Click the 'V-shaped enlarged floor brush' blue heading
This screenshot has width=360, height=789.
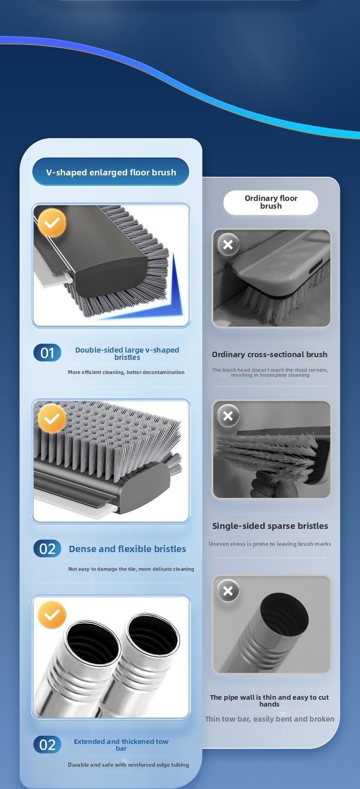point(111,172)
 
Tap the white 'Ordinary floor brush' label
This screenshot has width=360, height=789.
point(271,202)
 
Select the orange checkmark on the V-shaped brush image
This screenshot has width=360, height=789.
point(52,223)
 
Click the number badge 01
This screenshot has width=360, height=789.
point(47,353)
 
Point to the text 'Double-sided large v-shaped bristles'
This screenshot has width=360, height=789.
point(127,354)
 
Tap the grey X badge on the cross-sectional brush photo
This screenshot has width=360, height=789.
point(228,245)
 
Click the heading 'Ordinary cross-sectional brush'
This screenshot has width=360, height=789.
point(269,354)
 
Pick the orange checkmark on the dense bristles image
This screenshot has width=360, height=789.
point(52,418)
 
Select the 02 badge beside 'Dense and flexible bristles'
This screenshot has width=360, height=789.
point(47,549)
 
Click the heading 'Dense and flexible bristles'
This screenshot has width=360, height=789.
point(127,549)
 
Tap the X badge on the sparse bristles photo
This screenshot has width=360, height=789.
point(228,416)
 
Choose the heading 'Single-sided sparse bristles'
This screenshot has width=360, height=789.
point(270,526)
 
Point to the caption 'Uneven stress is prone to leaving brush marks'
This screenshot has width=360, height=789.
point(270,544)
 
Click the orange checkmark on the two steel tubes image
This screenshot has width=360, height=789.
point(52,615)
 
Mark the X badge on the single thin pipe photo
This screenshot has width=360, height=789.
point(228,591)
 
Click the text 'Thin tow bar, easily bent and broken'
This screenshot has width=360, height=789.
point(269,719)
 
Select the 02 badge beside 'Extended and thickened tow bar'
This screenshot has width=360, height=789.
point(47,745)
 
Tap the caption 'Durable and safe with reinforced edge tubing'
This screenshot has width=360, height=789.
point(128,765)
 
